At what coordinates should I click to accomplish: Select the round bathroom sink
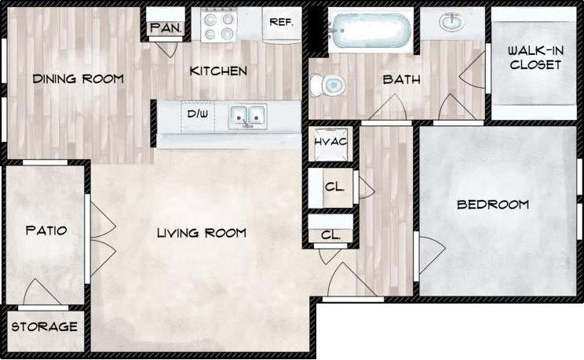pos(451,24)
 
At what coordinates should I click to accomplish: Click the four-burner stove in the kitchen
pos(220,24)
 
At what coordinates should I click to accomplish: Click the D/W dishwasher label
pos(196,115)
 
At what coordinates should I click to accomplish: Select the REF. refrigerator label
pos(281,23)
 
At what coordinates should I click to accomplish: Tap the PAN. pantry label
pos(166,28)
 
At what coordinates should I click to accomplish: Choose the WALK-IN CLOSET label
pos(535,57)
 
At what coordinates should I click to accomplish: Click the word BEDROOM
pos(493,205)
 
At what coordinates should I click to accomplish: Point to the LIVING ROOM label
pos(201,233)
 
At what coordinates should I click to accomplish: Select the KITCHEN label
pos(219,71)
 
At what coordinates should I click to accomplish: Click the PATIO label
pos(46,231)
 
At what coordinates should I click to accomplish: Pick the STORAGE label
pos(45,326)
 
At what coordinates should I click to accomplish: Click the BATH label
pos(401,79)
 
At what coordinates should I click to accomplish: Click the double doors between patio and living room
pos(100,235)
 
